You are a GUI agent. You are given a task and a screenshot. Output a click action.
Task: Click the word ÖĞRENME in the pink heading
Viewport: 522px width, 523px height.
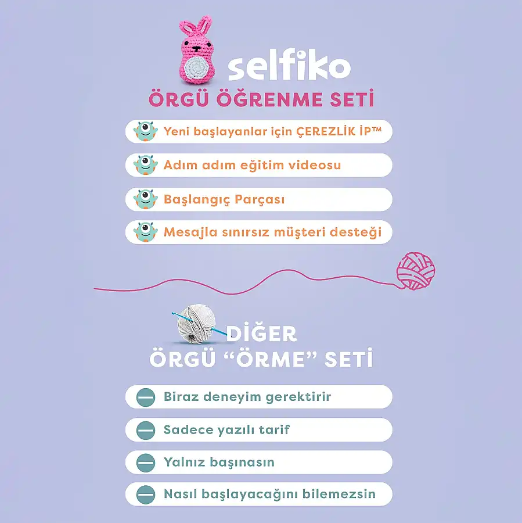(269, 99)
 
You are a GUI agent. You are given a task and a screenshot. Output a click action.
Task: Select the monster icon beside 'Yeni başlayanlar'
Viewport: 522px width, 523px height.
(146, 131)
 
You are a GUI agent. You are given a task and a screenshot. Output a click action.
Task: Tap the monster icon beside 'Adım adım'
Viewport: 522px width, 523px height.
(146, 165)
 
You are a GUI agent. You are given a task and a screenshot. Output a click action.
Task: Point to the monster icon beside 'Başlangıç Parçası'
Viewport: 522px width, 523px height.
(146, 199)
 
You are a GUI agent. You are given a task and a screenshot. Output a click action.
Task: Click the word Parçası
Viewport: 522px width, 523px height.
(260, 199)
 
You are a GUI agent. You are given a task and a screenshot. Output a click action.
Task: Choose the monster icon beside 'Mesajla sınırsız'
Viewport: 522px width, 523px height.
(146, 232)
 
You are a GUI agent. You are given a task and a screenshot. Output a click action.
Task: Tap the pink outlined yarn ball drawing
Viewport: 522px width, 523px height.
(416, 271)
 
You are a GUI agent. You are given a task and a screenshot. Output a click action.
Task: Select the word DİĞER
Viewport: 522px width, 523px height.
(262, 334)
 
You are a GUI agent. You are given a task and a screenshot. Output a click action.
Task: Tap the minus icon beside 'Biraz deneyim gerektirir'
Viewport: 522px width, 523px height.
(146, 397)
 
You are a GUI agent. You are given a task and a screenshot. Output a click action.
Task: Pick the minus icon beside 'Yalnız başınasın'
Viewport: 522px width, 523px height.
(146, 463)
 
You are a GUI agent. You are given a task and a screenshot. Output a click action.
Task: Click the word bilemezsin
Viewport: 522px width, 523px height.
(339, 494)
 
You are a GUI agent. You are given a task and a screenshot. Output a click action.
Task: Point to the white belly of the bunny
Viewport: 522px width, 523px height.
(197, 69)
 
